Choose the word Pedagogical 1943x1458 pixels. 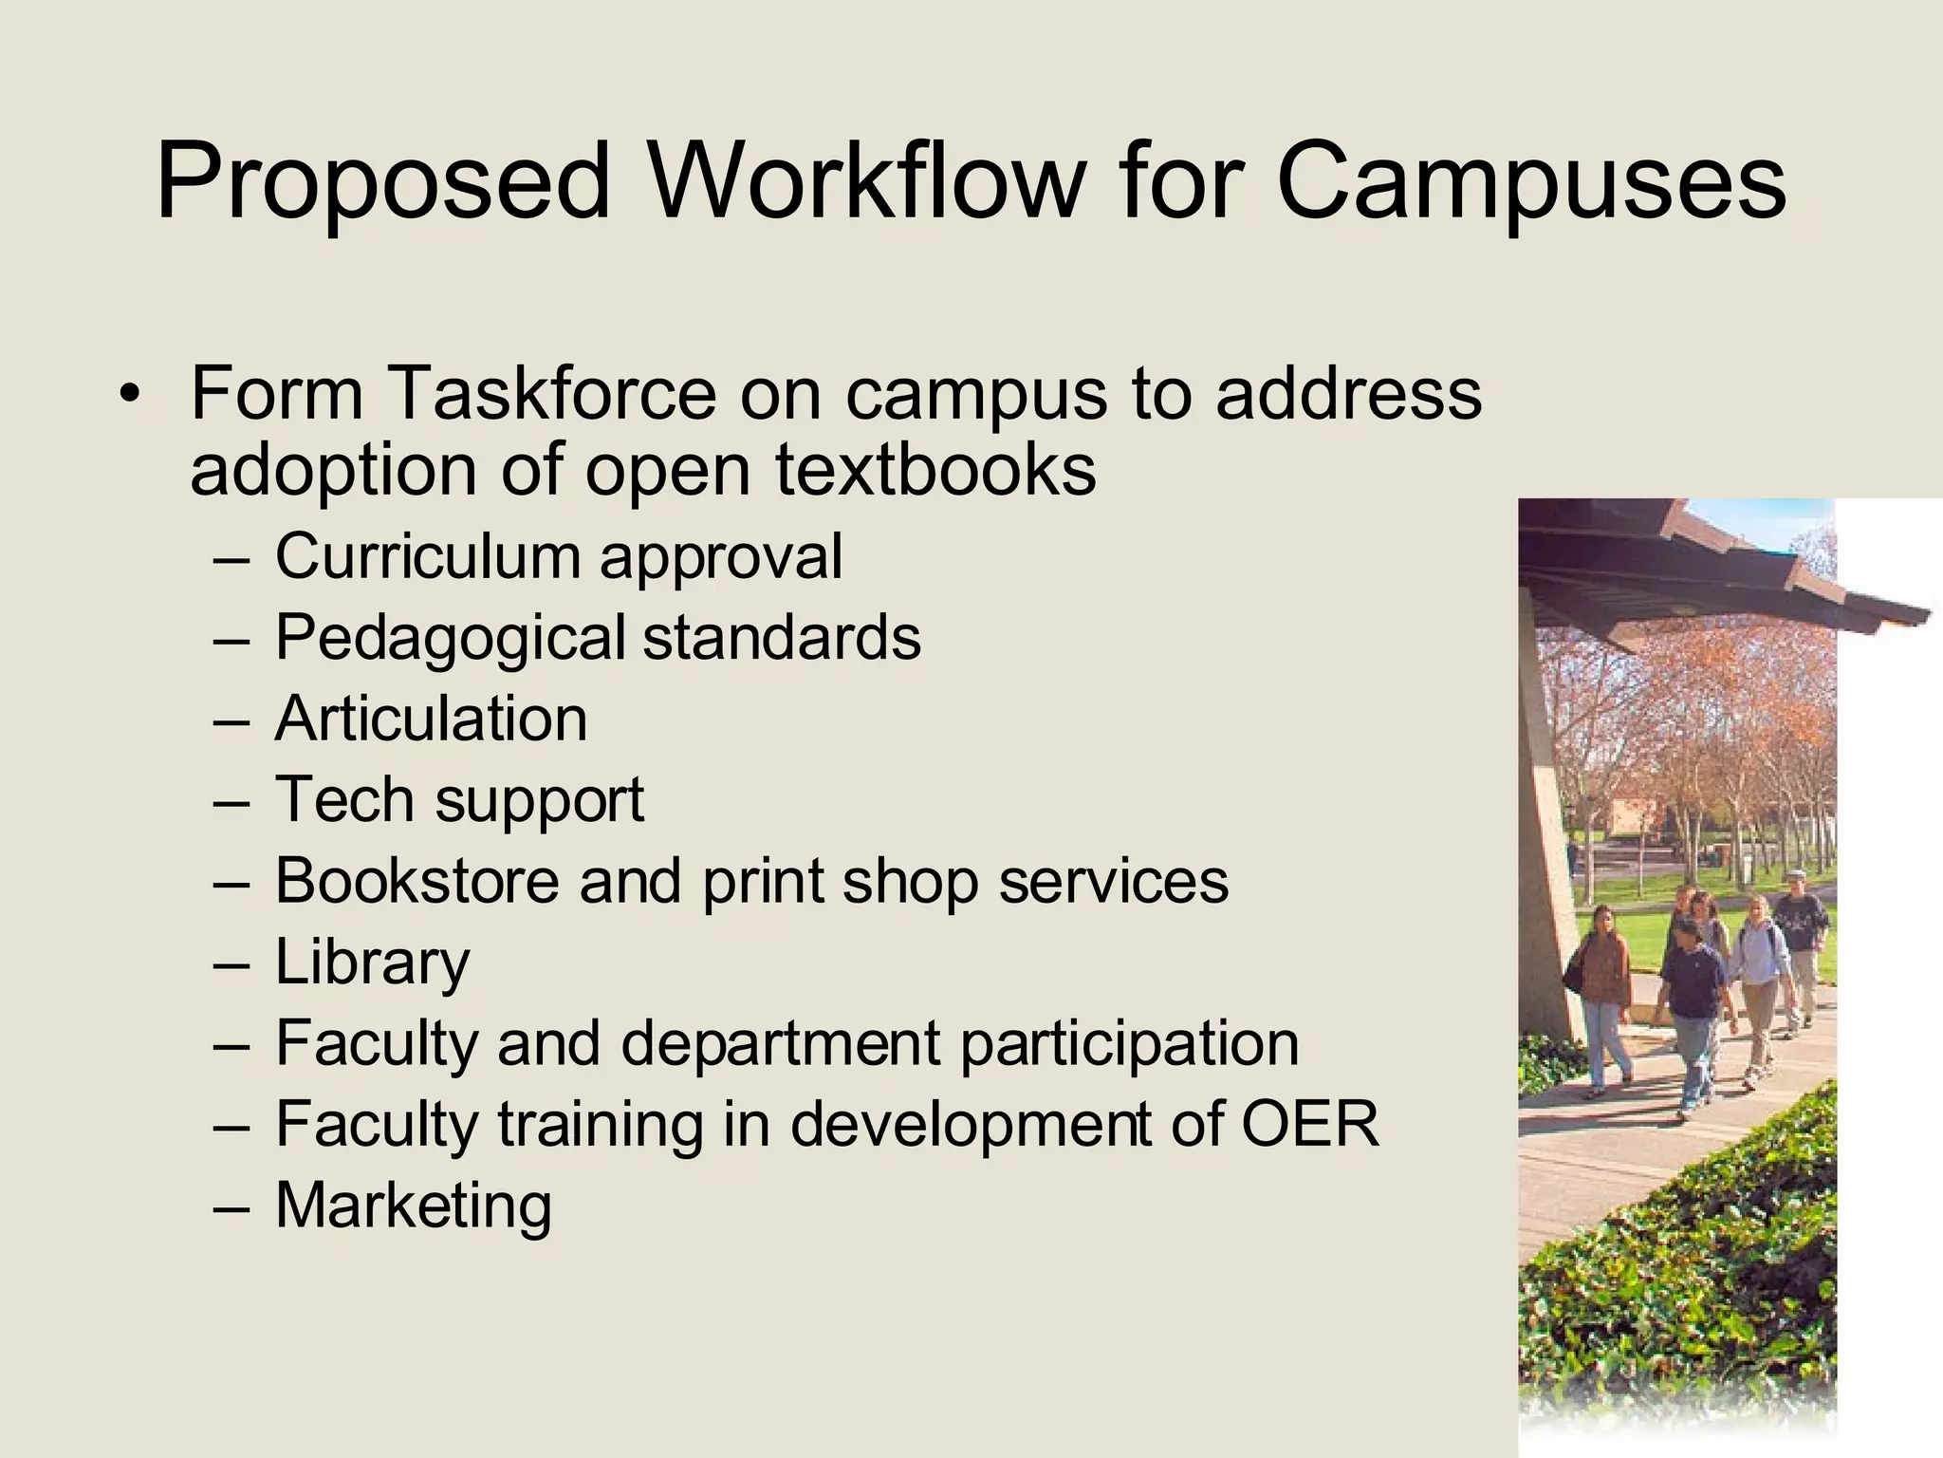tap(450, 638)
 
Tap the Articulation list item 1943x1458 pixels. tap(431, 719)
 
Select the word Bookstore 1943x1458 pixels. tap(417, 881)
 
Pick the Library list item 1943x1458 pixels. tap(372, 963)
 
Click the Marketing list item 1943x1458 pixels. tap(413, 1206)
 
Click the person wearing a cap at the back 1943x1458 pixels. tap(1798, 940)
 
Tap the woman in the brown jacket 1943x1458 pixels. tap(1603, 987)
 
